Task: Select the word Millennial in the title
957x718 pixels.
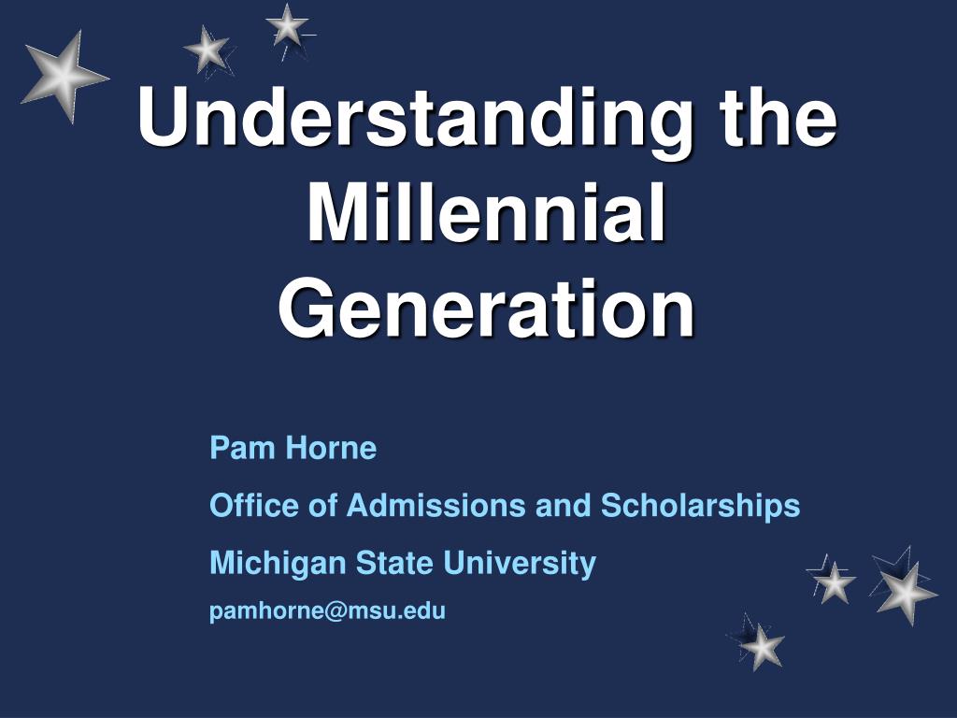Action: [x=486, y=214]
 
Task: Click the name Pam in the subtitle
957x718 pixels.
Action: [x=233, y=449]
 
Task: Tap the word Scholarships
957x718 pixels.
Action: [x=700, y=506]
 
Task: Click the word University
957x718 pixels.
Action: [x=520, y=563]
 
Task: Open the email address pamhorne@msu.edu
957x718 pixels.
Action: [x=327, y=611]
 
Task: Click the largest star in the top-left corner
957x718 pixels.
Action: [x=64, y=75]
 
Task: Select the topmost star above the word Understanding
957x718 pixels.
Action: [x=287, y=25]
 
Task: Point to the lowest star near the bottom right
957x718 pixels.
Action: [x=763, y=646]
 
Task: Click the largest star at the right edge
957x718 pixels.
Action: [x=905, y=592]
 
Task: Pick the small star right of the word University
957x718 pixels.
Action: [x=834, y=582]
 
